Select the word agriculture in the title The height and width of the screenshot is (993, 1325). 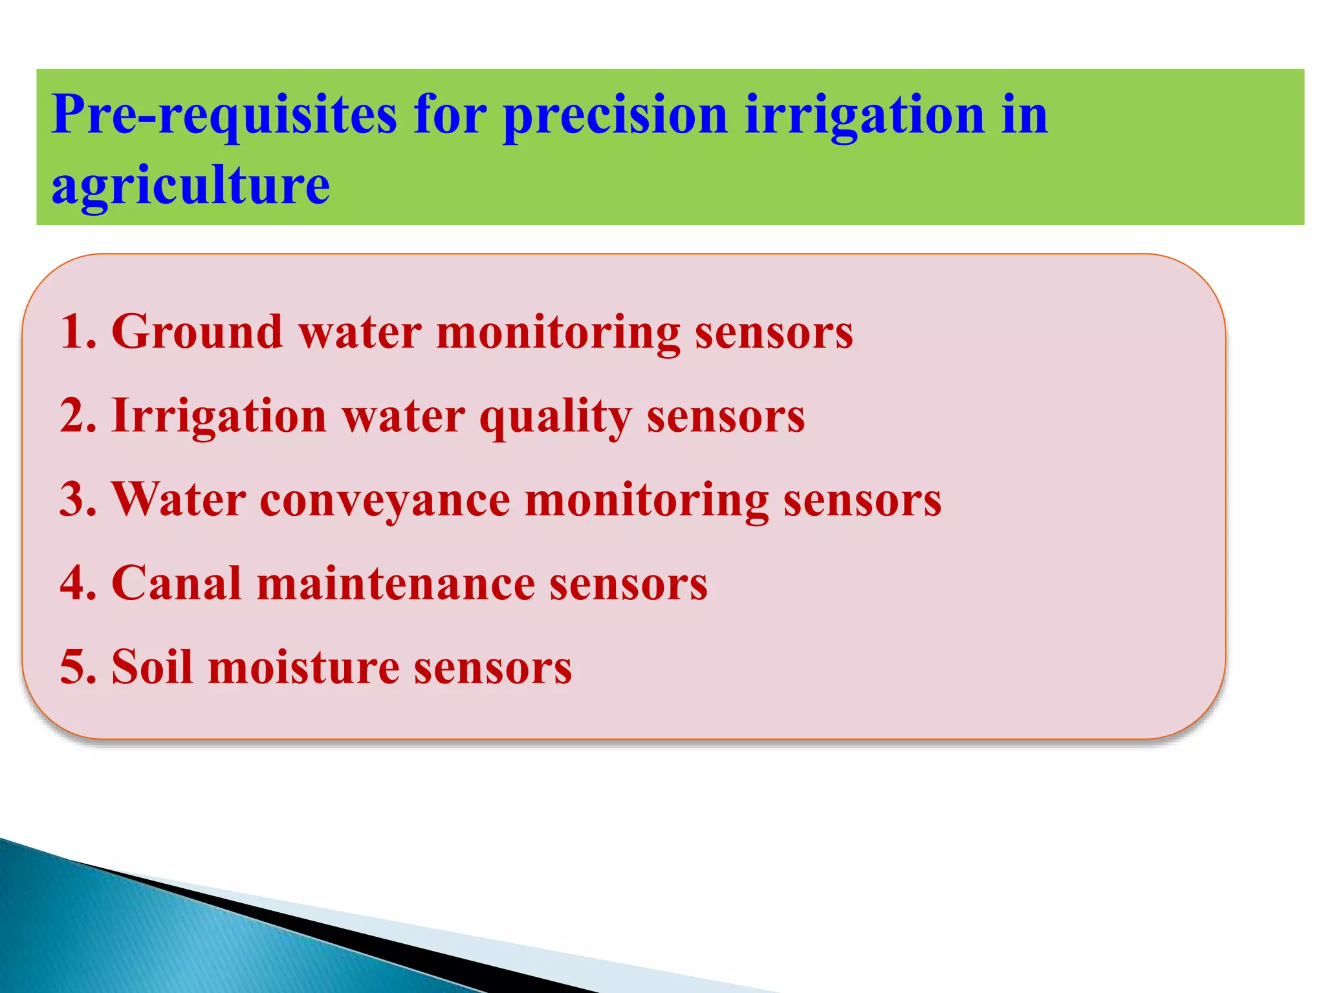190,186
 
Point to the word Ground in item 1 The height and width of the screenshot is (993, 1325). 197,332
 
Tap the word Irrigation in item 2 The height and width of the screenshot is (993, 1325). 219,416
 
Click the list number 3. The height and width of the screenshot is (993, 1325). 77,500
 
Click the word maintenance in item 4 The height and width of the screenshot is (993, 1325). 395,583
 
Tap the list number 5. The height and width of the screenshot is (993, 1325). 77,667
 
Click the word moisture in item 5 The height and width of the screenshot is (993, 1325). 303,667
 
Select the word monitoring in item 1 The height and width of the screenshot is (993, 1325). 558,332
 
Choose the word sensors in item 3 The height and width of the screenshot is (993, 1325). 862,500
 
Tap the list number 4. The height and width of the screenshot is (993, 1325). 77,583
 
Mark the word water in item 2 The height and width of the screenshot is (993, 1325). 403,416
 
